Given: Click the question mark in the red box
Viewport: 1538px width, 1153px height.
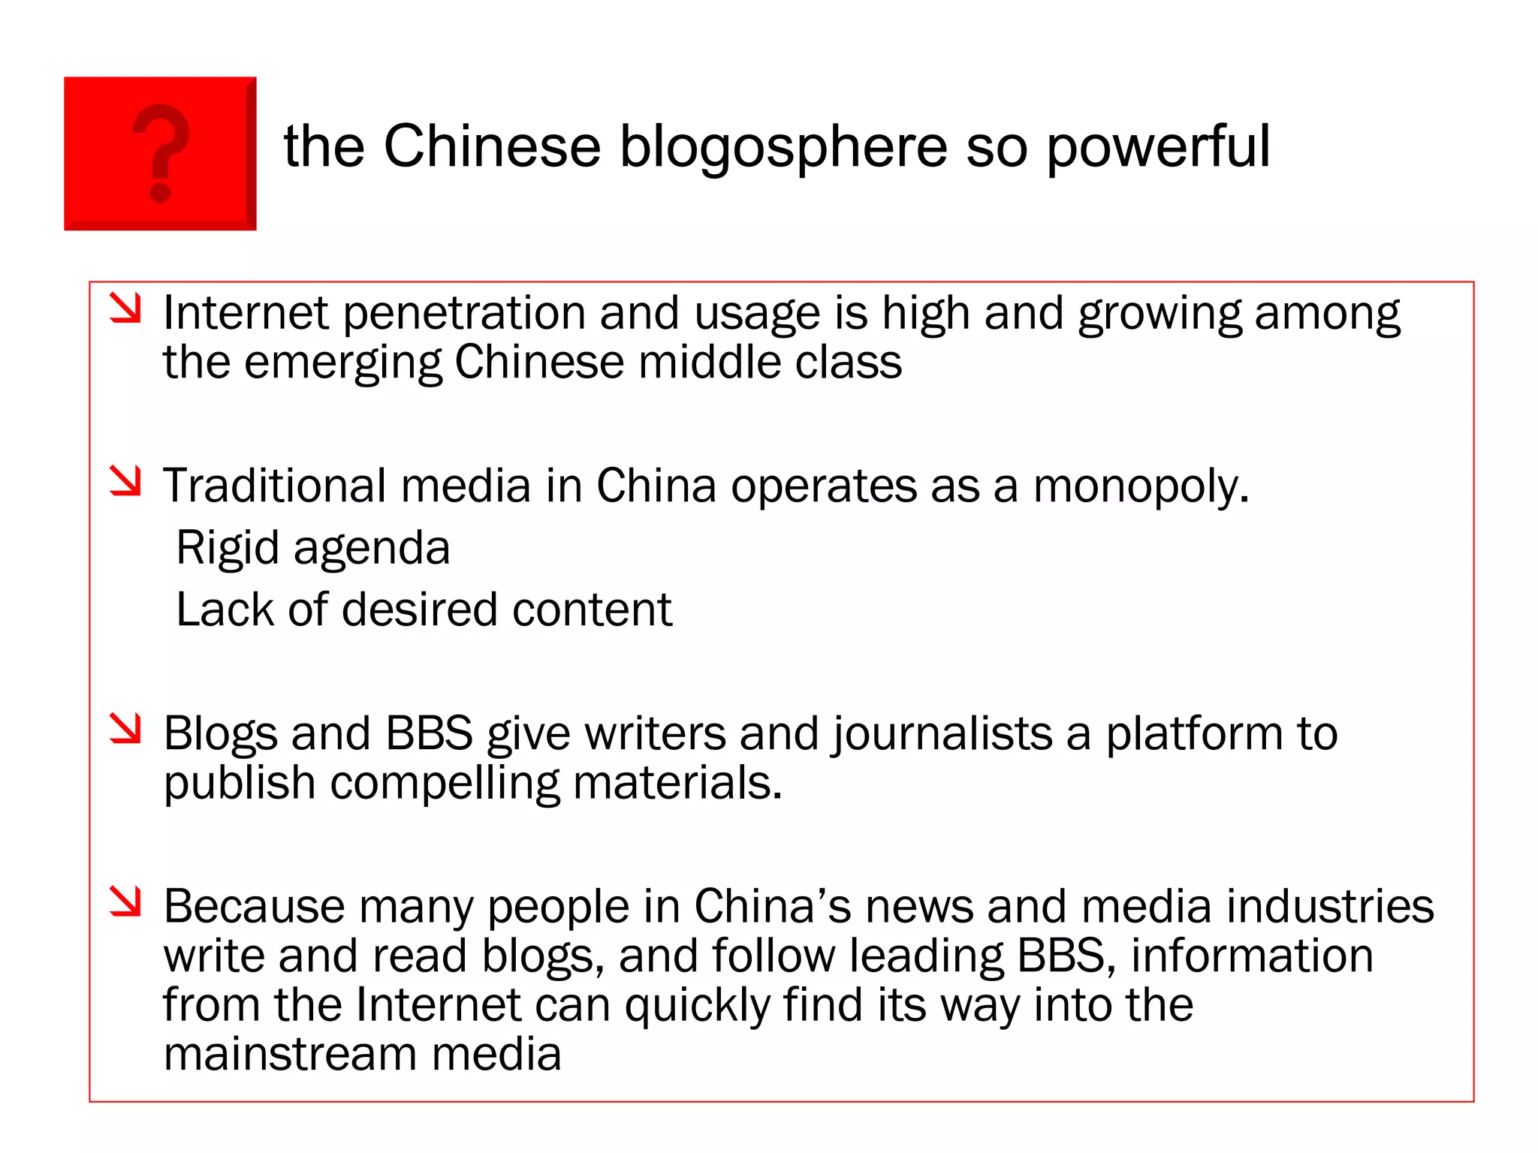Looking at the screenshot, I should (161, 152).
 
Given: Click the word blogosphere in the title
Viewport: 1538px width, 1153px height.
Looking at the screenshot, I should (783, 147).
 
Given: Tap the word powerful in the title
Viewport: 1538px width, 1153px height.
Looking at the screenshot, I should (1157, 147).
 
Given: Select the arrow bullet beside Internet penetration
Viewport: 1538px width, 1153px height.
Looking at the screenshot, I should (125, 309).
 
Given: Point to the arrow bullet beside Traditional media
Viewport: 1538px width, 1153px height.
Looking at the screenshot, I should (125, 480).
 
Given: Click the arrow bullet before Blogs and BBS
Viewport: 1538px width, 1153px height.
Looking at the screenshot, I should (125, 728).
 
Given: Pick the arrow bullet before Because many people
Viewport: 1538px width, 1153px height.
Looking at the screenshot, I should (125, 901).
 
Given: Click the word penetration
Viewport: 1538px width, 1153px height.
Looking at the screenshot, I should (464, 313).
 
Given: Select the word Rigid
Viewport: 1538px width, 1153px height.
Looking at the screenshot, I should (228, 548).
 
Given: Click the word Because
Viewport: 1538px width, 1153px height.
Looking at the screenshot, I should (254, 907).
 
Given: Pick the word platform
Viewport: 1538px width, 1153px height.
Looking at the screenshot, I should (1194, 734).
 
